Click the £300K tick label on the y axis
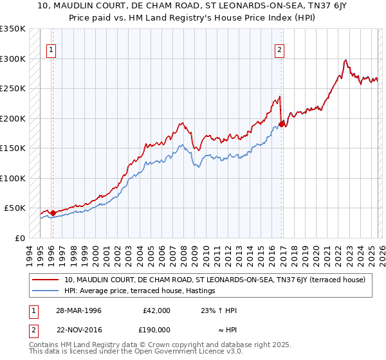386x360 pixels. [13, 59]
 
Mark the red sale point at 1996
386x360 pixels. [53, 213]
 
